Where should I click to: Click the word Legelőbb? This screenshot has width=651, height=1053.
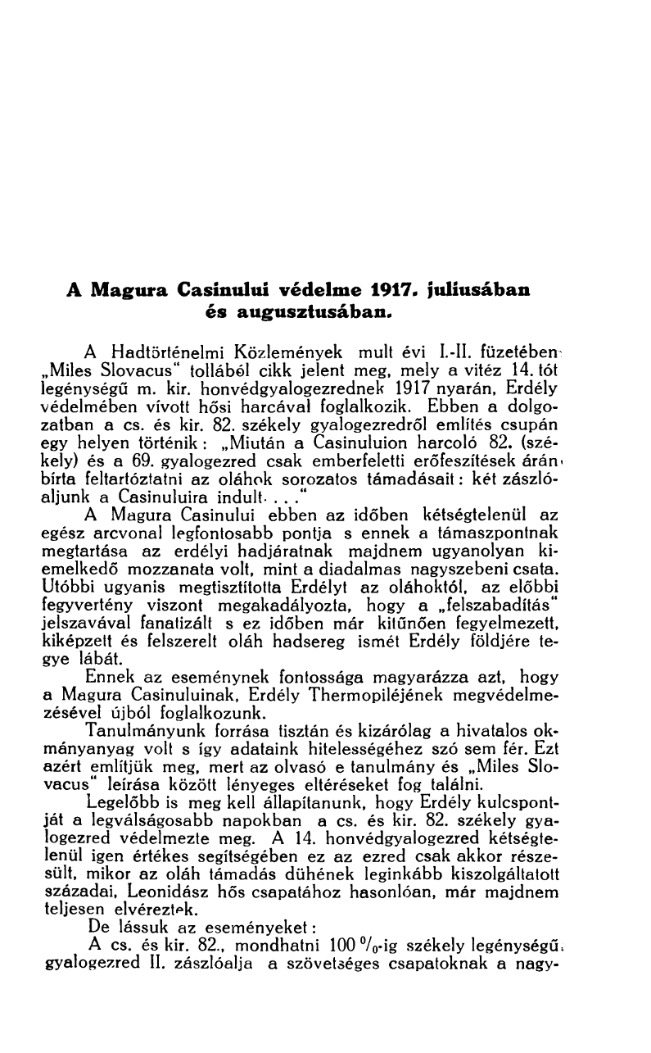click(x=120, y=802)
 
